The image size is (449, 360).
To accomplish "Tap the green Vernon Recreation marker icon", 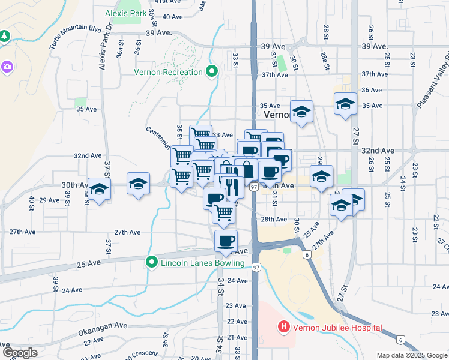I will point(211,73).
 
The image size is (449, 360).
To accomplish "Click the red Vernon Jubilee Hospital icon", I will point(283,328).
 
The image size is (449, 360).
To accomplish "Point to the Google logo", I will point(19,353).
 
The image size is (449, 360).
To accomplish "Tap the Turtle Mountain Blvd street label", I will point(77,36).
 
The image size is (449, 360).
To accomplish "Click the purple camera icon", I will point(8,67).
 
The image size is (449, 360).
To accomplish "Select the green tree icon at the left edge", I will point(4,37).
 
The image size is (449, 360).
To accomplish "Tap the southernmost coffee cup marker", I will point(226,241).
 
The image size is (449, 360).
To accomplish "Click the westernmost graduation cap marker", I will point(100,188).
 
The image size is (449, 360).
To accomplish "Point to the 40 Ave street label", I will point(172,17).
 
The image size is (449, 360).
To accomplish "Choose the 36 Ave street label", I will point(372,90).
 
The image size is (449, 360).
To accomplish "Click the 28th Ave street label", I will point(274,220).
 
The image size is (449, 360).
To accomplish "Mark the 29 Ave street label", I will point(49,200).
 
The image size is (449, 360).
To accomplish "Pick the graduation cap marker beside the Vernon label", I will point(301,112).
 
